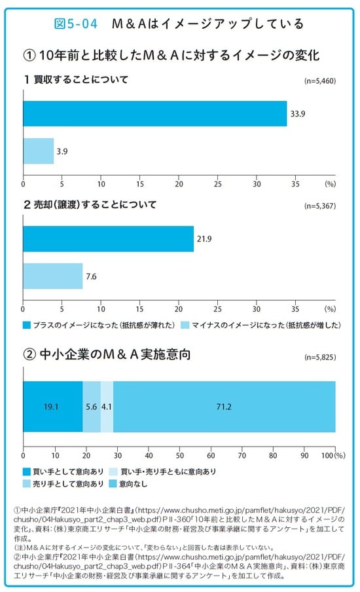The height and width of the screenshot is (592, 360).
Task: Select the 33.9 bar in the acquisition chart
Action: [x=154, y=113]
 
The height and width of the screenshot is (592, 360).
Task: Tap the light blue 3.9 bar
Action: [x=39, y=151]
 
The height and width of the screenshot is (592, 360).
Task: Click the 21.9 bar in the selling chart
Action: [x=108, y=238]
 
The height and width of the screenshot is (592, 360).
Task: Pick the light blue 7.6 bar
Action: [x=53, y=276]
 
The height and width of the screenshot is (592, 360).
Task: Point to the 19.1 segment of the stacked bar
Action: [x=52, y=406]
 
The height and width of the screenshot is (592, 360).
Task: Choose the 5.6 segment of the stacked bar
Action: [x=91, y=406]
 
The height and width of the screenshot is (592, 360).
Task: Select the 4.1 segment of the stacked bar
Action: [x=107, y=406]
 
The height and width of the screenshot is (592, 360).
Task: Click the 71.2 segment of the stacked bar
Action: [x=224, y=406]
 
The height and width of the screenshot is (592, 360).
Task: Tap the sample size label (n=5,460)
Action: [x=319, y=83]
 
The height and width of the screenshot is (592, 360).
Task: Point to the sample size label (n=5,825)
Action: [x=319, y=359]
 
